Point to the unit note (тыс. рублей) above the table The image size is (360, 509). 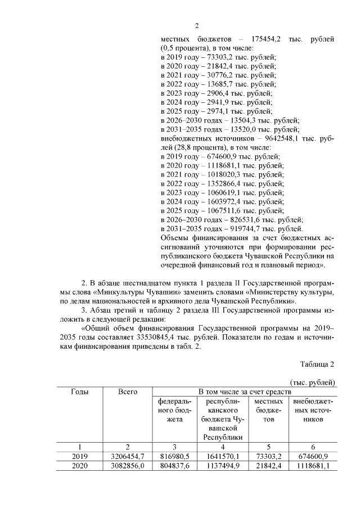[x=313, y=382]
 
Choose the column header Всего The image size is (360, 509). [x=128, y=391]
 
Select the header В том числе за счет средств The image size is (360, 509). [x=244, y=391]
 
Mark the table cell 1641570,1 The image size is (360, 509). [x=222, y=456]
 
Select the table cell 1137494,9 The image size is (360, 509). [x=222, y=466]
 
